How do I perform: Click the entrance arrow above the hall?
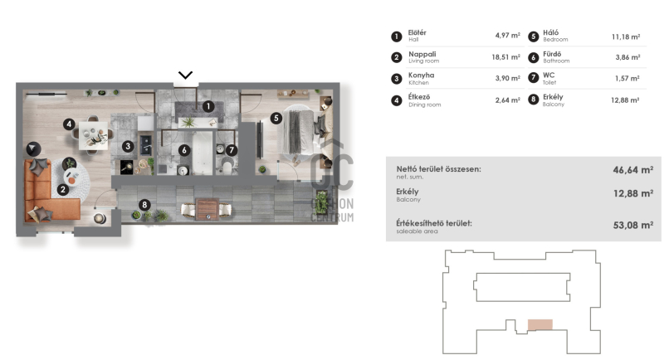click(185, 75)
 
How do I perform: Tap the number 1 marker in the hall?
click(208, 107)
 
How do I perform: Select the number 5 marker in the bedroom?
click(276, 118)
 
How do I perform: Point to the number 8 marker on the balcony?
click(144, 205)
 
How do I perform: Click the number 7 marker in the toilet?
click(232, 150)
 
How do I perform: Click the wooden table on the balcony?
click(207, 209)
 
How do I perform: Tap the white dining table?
click(93, 135)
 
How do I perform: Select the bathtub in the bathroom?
click(202, 153)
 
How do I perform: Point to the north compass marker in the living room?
click(33, 149)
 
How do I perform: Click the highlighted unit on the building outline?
click(540, 324)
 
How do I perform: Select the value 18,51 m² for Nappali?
click(505, 57)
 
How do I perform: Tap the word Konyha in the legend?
click(421, 75)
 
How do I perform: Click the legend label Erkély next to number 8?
click(553, 97)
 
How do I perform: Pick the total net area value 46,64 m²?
click(633, 170)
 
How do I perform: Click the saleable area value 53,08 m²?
click(633, 226)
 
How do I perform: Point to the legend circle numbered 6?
click(533, 57)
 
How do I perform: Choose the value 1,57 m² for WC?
click(627, 79)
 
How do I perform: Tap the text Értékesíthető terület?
click(434, 223)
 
